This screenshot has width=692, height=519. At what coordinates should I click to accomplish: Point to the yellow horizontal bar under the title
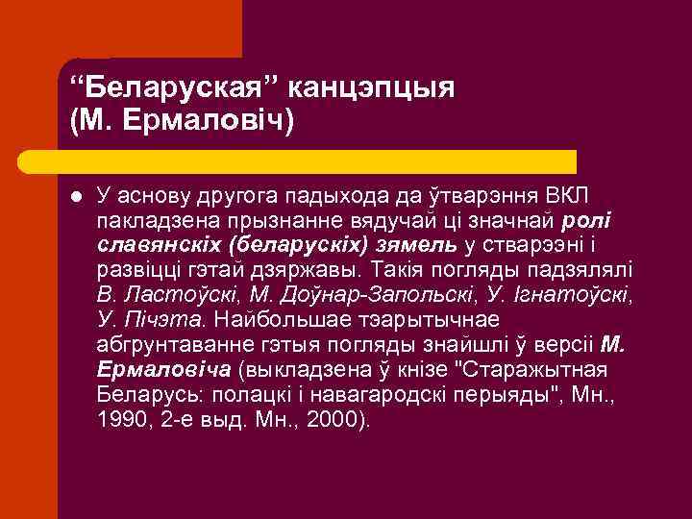coord(317,161)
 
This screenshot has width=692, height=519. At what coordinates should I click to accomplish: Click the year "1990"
coord(121,419)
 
